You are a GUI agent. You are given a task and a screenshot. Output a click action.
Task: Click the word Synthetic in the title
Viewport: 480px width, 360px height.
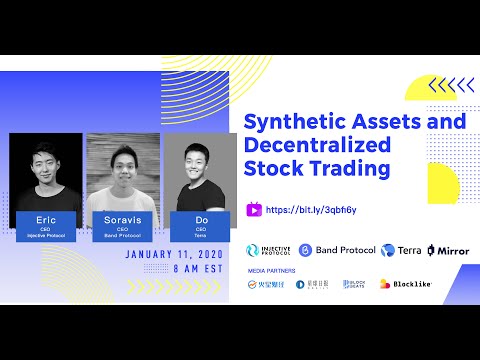[x=292, y=122]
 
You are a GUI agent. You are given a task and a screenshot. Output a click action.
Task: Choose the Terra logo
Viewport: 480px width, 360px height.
[x=398, y=250]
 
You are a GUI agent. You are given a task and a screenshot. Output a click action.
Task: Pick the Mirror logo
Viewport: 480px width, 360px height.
[x=447, y=250]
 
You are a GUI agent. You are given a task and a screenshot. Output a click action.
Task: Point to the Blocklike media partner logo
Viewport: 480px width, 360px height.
[x=405, y=284]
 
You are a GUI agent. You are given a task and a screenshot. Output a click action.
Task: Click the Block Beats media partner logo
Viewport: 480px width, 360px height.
[x=355, y=284]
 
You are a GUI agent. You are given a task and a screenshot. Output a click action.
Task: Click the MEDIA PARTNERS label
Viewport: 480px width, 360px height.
[x=270, y=269]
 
